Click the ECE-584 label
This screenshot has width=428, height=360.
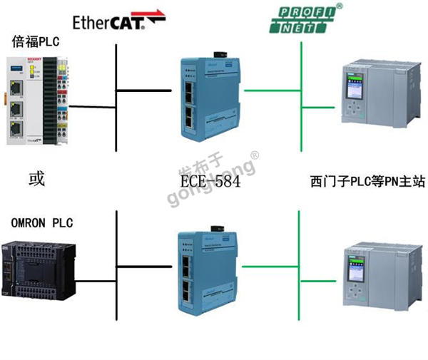(210, 181)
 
